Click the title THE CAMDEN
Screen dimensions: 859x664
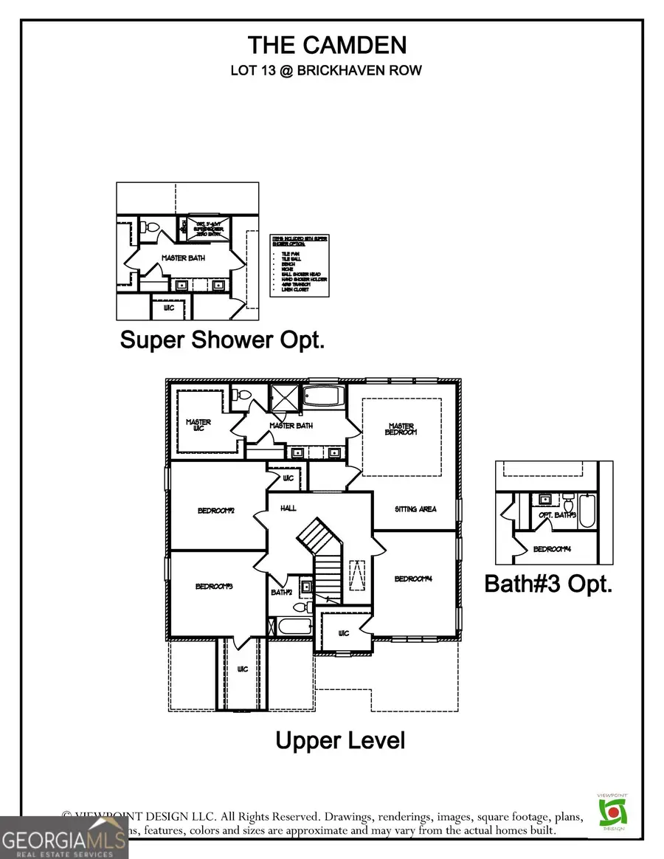coord(327,45)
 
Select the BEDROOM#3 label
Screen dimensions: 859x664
coord(215,586)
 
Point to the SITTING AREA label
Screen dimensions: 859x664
coord(416,509)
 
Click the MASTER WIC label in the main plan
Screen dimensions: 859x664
coord(198,426)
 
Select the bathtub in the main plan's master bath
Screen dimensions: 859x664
coord(320,397)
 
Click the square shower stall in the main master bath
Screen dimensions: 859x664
coord(282,397)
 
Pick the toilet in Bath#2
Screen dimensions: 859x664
coord(300,607)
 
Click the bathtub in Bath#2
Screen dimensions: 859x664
coord(293,628)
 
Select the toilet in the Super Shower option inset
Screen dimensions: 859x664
coord(148,230)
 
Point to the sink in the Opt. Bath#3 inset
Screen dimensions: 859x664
coord(547,500)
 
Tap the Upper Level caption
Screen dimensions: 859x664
coord(340,740)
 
